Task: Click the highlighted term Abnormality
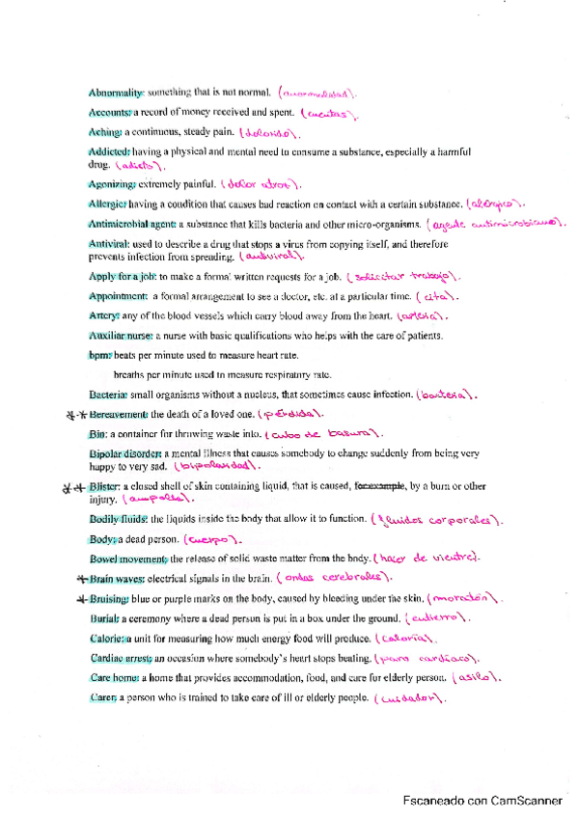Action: pos(116,93)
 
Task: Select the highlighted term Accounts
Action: pos(109,112)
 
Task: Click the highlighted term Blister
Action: pos(103,488)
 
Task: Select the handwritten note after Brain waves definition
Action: pos(333,579)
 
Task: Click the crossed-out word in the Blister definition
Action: pos(381,487)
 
